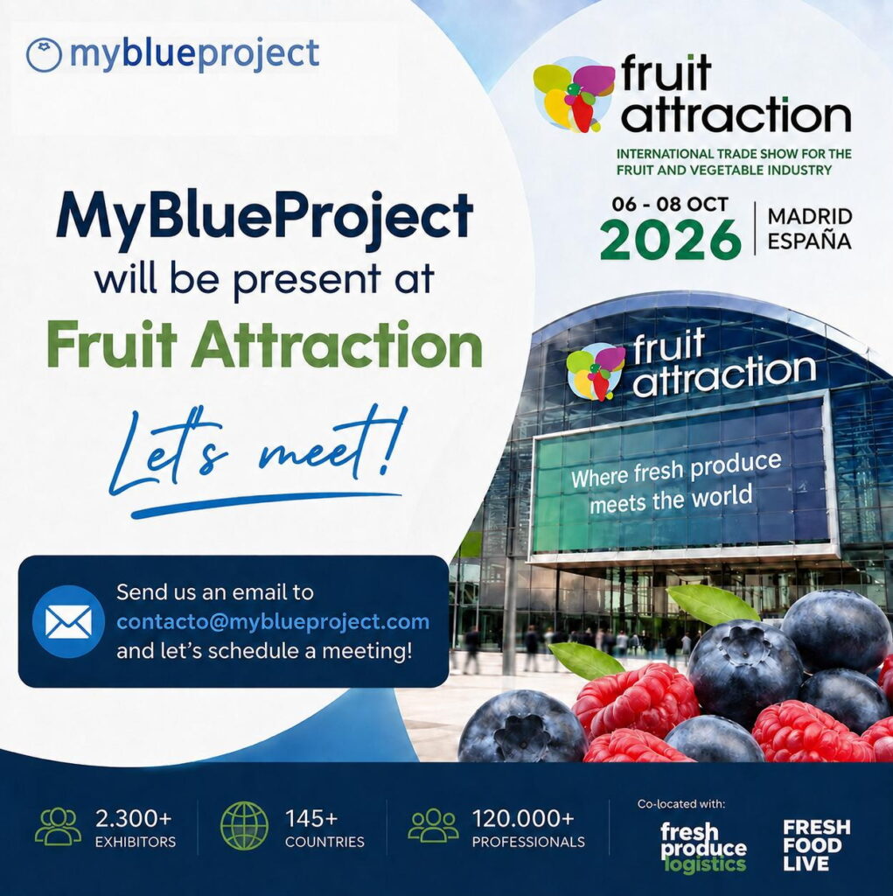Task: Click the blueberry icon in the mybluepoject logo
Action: click(x=44, y=55)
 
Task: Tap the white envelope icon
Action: click(x=68, y=622)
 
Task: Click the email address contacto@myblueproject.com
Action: click(x=273, y=621)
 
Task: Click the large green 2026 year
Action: click(x=670, y=238)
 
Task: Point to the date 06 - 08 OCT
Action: click(x=670, y=204)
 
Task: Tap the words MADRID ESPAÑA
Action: click(x=810, y=228)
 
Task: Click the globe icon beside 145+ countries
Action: click(x=244, y=825)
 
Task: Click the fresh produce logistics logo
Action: click(x=703, y=847)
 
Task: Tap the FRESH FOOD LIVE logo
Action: click(x=816, y=845)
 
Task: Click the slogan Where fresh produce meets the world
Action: click(x=675, y=483)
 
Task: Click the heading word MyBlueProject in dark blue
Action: click(x=264, y=218)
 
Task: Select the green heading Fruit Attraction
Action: click(x=264, y=344)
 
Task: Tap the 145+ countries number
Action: click(x=311, y=819)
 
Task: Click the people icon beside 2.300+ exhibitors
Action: click(x=58, y=826)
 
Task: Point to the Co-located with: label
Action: click(x=681, y=804)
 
